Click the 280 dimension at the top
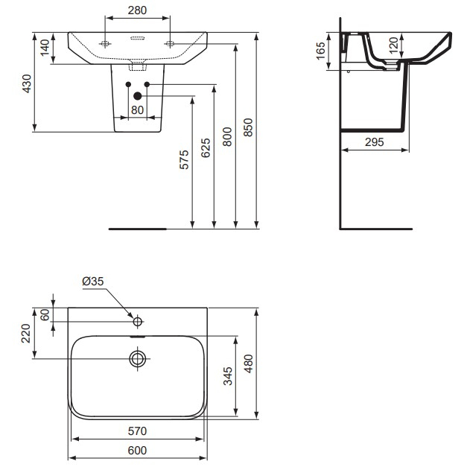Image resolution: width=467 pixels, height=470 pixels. point(138,11)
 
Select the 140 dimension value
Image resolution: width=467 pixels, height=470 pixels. point(45,48)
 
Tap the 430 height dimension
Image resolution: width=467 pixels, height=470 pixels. point(28,83)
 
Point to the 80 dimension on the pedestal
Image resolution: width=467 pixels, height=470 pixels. point(137,109)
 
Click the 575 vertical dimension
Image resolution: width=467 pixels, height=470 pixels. point(185,160)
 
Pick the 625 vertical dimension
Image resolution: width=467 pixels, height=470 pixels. point(206,151)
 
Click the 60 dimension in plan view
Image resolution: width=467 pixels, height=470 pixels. point(45,314)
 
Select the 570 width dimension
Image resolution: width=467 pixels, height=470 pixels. point(137,431)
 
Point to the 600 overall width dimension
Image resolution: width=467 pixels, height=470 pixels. point(137,451)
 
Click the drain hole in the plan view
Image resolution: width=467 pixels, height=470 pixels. point(137,359)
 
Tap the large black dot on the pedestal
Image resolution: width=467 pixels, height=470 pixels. point(137,95)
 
